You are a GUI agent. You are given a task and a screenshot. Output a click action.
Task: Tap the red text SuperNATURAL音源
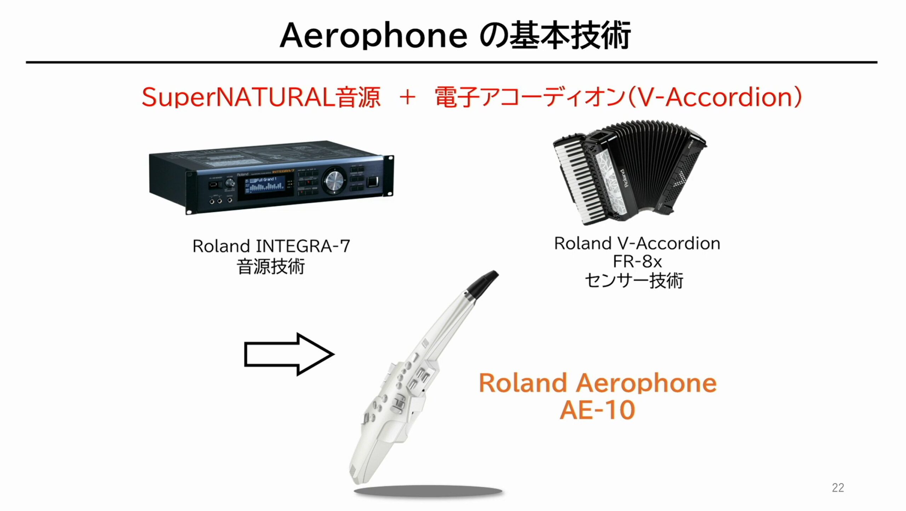point(261,97)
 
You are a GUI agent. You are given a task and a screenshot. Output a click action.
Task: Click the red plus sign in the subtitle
point(407,97)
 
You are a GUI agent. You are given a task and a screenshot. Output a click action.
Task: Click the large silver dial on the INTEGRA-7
point(334,181)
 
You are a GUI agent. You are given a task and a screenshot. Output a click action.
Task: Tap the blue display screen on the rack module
point(265,186)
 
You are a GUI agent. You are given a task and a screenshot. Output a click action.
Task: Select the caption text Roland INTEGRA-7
point(271,246)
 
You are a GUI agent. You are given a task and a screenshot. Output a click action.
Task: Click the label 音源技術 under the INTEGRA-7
point(271,266)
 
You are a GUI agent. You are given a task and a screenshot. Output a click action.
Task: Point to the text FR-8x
point(637,262)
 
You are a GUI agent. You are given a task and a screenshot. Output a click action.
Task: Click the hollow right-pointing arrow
point(289,354)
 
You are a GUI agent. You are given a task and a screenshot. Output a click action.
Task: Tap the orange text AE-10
point(597,410)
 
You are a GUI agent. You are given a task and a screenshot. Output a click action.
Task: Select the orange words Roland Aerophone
point(598,383)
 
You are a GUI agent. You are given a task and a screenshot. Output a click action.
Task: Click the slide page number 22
point(838,488)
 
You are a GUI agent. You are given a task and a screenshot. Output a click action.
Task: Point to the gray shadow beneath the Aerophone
point(428,492)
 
